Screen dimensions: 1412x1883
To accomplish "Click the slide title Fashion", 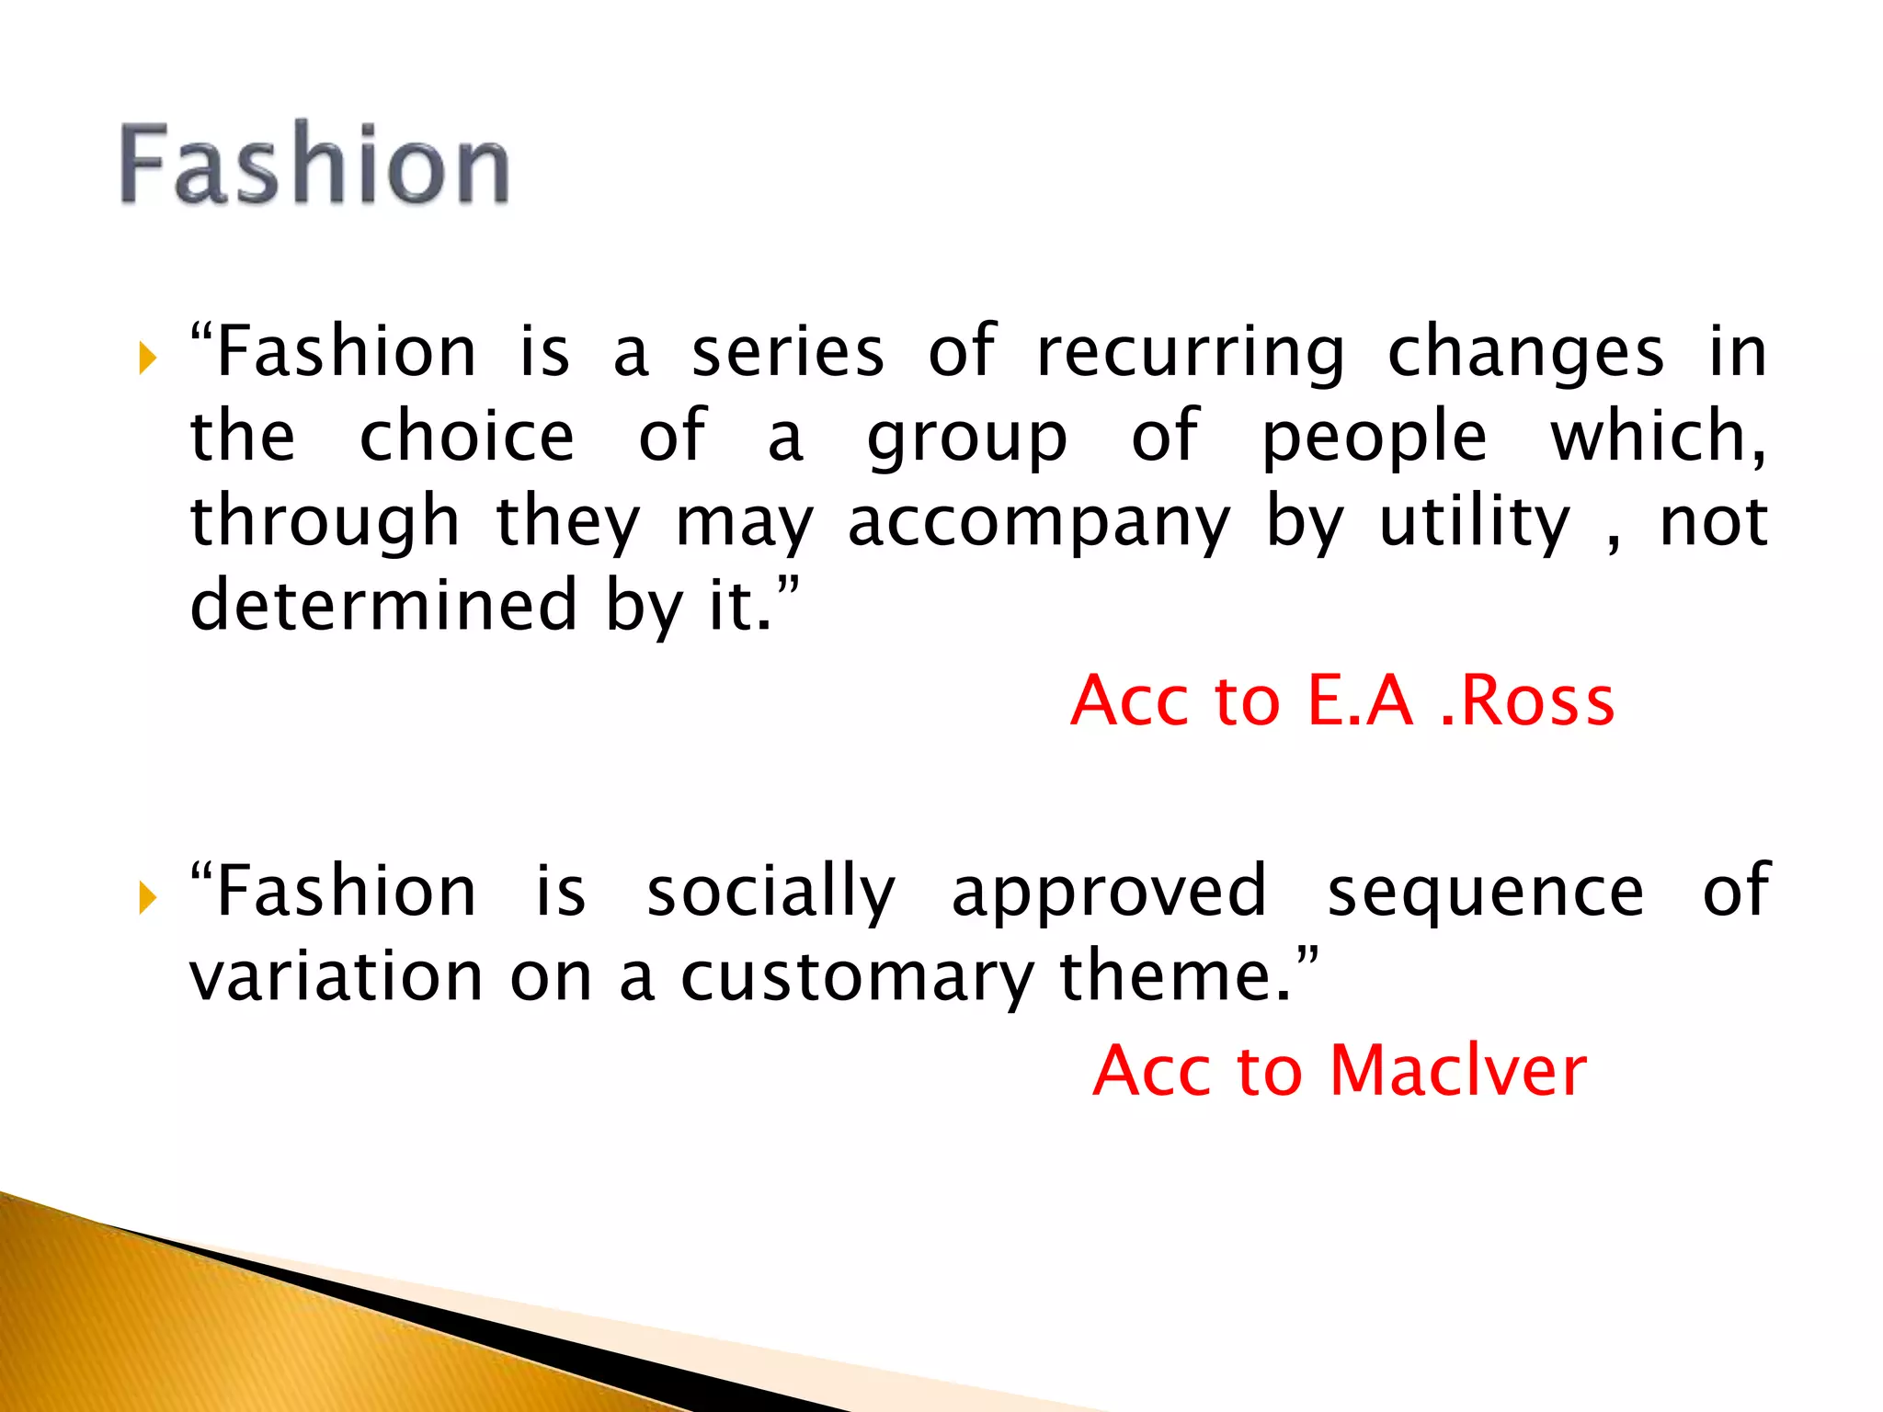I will [314, 165].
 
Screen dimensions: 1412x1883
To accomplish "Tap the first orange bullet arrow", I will [148, 358].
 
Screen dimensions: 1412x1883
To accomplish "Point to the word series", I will [788, 352].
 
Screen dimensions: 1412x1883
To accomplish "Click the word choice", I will [467, 437].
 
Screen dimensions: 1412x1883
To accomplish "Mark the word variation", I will [337, 976].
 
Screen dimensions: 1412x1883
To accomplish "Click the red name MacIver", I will [1457, 1071].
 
